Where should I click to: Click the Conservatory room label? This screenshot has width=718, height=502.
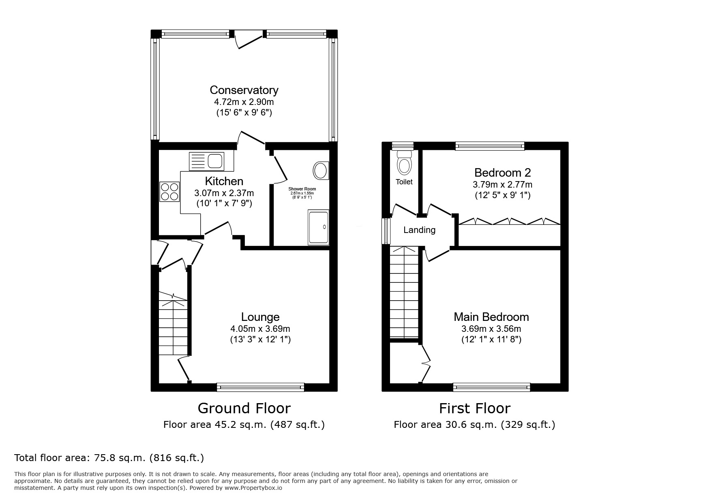coord(244,90)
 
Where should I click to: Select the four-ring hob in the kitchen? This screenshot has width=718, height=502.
coord(169,191)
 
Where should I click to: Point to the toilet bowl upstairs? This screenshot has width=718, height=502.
coord(404,164)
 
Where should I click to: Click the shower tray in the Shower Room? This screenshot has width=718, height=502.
coord(319,227)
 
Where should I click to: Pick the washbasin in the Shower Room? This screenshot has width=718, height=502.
coord(321,170)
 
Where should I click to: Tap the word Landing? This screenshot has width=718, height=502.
coord(419,230)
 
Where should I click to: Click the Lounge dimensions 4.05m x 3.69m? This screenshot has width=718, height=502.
coord(260,329)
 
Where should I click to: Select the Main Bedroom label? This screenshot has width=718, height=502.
coord(491,317)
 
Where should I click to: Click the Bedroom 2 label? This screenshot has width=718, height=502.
coord(502,173)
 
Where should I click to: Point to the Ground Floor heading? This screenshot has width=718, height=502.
coord(244,408)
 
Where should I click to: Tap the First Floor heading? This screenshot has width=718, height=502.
coord(474,408)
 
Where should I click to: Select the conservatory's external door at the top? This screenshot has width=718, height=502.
coord(249,41)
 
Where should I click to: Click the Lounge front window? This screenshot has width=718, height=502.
coord(260,387)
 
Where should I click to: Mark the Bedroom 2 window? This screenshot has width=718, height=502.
coord(490,146)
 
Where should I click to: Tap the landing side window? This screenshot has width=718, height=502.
coord(386,231)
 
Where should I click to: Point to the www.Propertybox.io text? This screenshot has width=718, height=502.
coord(253,488)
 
